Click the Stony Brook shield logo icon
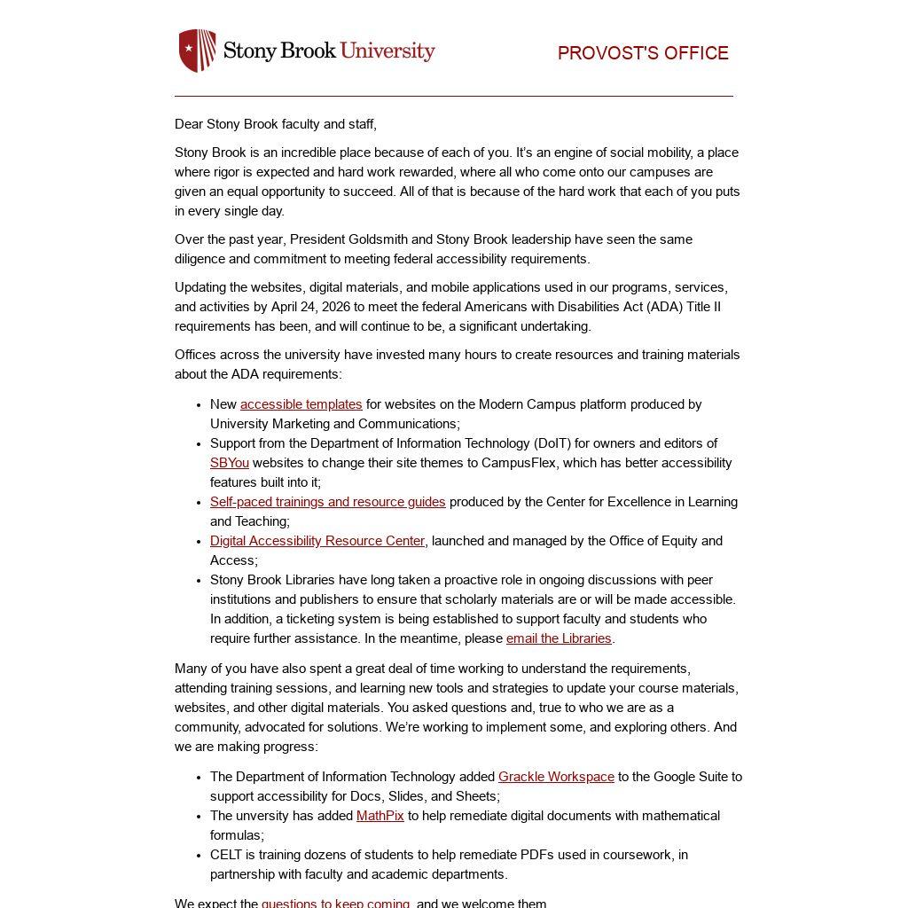(x=197, y=51)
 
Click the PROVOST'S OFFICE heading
(x=643, y=53)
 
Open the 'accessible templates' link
(x=301, y=404)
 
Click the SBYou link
(x=229, y=463)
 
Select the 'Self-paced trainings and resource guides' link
(x=327, y=502)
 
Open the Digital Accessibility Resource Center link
(x=317, y=541)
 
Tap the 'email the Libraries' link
(x=559, y=638)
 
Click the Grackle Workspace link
(x=556, y=777)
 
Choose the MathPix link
(x=380, y=816)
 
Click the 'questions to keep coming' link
(x=335, y=903)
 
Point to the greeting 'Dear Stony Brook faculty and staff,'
(x=275, y=124)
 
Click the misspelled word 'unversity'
(x=265, y=816)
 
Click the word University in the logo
(x=387, y=51)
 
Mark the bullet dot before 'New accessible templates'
(x=198, y=405)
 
